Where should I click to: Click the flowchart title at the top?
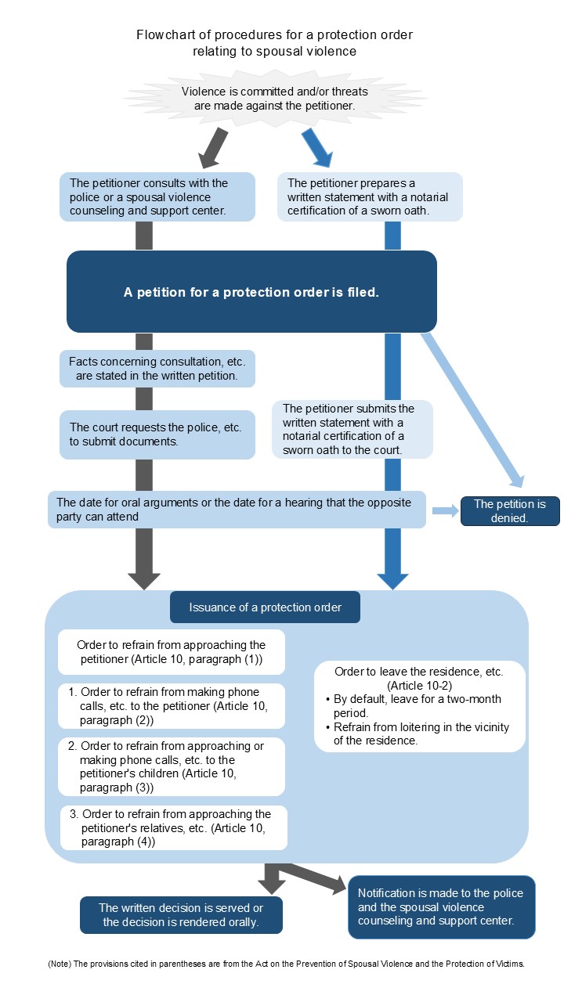274,43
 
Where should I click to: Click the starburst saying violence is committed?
274,98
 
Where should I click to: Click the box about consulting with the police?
157,197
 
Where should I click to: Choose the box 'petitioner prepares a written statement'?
370,197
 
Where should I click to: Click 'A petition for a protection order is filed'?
251,292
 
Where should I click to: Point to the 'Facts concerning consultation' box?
157,369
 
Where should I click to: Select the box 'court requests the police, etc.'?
157,434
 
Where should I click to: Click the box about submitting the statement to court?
352,429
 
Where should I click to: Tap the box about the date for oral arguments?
236,510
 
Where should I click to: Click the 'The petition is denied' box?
510,510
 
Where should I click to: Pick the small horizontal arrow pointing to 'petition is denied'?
444,511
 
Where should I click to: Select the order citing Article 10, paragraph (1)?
172,652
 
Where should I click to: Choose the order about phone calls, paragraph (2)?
172,706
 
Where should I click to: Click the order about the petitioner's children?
172,766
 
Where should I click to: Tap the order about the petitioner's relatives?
174,827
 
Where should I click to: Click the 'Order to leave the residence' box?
419,706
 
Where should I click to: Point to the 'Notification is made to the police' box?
441,906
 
